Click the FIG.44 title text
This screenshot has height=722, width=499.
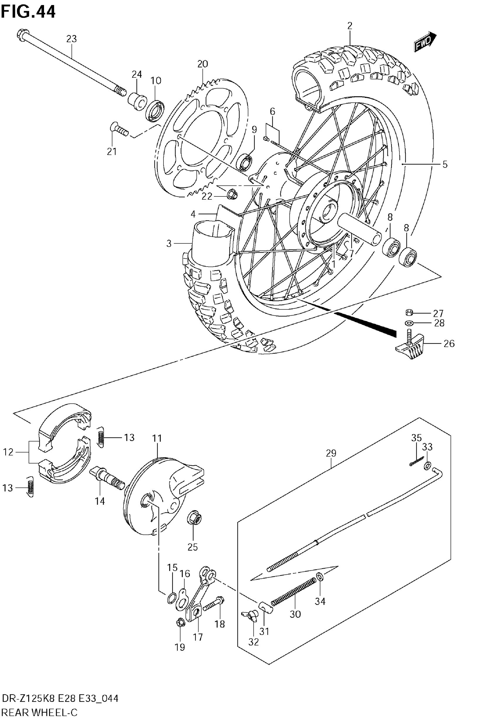coord(28,12)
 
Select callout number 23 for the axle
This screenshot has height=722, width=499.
coord(71,39)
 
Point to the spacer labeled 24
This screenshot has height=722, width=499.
coord(137,101)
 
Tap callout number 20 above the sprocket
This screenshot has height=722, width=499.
coord(203,64)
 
